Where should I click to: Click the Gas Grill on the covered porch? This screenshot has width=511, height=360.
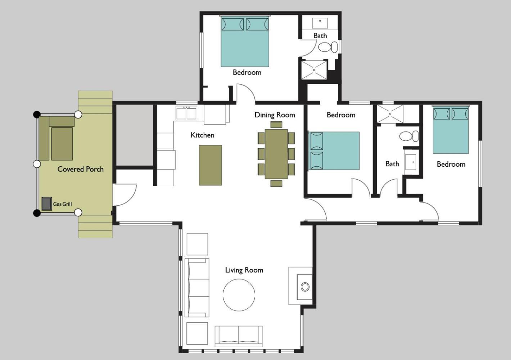pyautogui.click(x=47, y=204)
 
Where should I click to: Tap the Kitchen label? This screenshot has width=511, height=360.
pyautogui.click(x=202, y=135)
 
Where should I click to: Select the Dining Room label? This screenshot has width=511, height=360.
pyautogui.click(x=275, y=115)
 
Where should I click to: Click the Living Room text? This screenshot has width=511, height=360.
pyautogui.click(x=244, y=270)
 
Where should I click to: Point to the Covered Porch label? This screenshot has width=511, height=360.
pyautogui.click(x=80, y=169)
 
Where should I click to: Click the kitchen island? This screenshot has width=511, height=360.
pyautogui.click(x=210, y=165)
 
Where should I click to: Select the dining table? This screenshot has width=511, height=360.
pyautogui.click(x=276, y=154)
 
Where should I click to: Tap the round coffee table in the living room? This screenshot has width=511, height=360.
pyautogui.click(x=239, y=295)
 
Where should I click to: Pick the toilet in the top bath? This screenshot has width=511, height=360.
pyautogui.click(x=328, y=47)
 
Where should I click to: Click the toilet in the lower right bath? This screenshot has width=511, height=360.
pyautogui.click(x=409, y=136)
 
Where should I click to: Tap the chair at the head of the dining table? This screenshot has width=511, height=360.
pyautogui.click(x=276, y=125)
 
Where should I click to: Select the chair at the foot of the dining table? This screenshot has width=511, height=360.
pyautogui.click(x=276, y=183)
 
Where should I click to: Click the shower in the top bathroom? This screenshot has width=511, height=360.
pyautogui.click(x=314, y=70)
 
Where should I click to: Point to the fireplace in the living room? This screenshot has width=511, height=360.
pyautogui.click(x=300, y=286)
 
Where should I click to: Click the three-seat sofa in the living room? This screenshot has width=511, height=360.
pyautogui.click(x=197, y=288)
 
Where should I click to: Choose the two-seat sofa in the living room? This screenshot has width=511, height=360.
pyautogui.click(x=239, y=335)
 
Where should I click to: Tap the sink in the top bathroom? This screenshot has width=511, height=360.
pyautogui.click(x=320, y=23)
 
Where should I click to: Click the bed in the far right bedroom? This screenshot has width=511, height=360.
pyautogui.click(x=451, y=130)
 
